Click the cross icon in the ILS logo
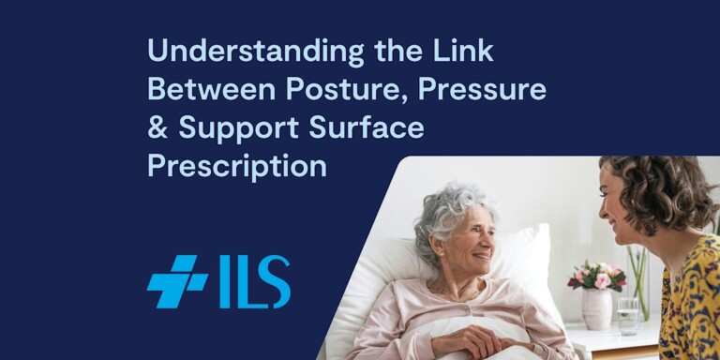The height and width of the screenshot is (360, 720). click(x=176, y=281)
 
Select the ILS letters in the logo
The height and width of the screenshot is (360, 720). click(x=255, y=281)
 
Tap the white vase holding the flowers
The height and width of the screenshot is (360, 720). click(x=596, y=308)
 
